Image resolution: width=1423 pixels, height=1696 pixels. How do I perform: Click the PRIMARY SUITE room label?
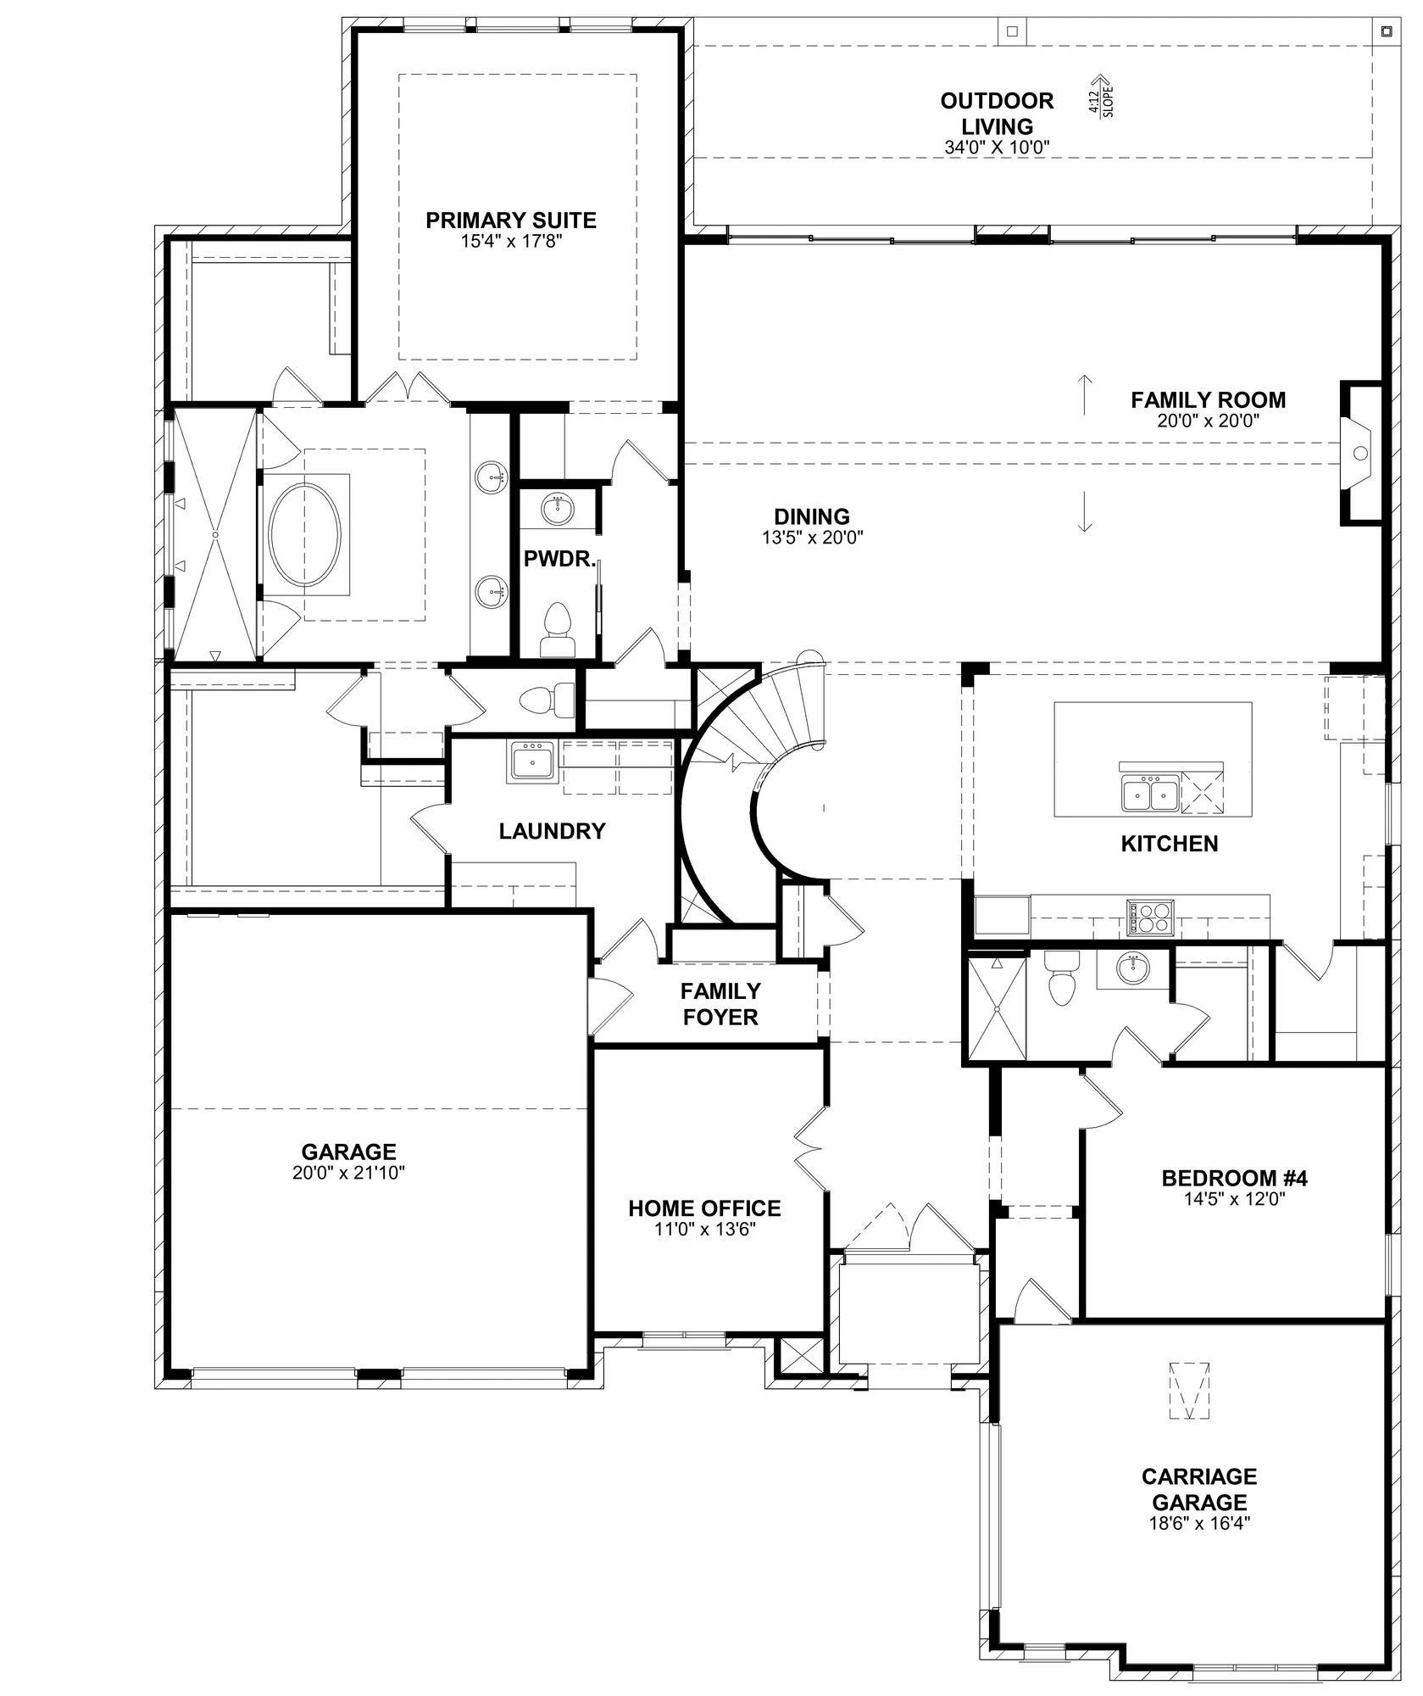pyautogui.click(x=510, y=220)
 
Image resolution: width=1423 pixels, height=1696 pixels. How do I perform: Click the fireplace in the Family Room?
pyautogui.click(x=1359, y=453)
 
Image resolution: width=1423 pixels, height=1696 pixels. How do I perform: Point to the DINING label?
pyautogui.click(x=811, y=516)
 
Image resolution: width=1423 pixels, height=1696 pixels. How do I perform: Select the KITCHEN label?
pyautogui.click(x=1170, y=843)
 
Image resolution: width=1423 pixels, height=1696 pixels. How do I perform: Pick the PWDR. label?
pyautogui.click(x=560, y=558)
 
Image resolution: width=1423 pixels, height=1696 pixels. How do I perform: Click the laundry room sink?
pyautogui.click(x=531, y=761)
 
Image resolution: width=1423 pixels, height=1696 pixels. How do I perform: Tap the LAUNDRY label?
pyautogui.click(x=552, y=830)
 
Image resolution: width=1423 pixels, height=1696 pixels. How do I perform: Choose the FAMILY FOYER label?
pyautogui.click(x=720, y=1003)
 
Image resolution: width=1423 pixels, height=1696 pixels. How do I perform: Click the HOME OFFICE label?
pyautogui.click(x=704, y=1208)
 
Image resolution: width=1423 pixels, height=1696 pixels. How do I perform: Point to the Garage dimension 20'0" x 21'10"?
pyautogui.click(x=348, y=1173)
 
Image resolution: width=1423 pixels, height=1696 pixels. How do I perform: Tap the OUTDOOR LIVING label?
pyautogui.click(x=998, y=113)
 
